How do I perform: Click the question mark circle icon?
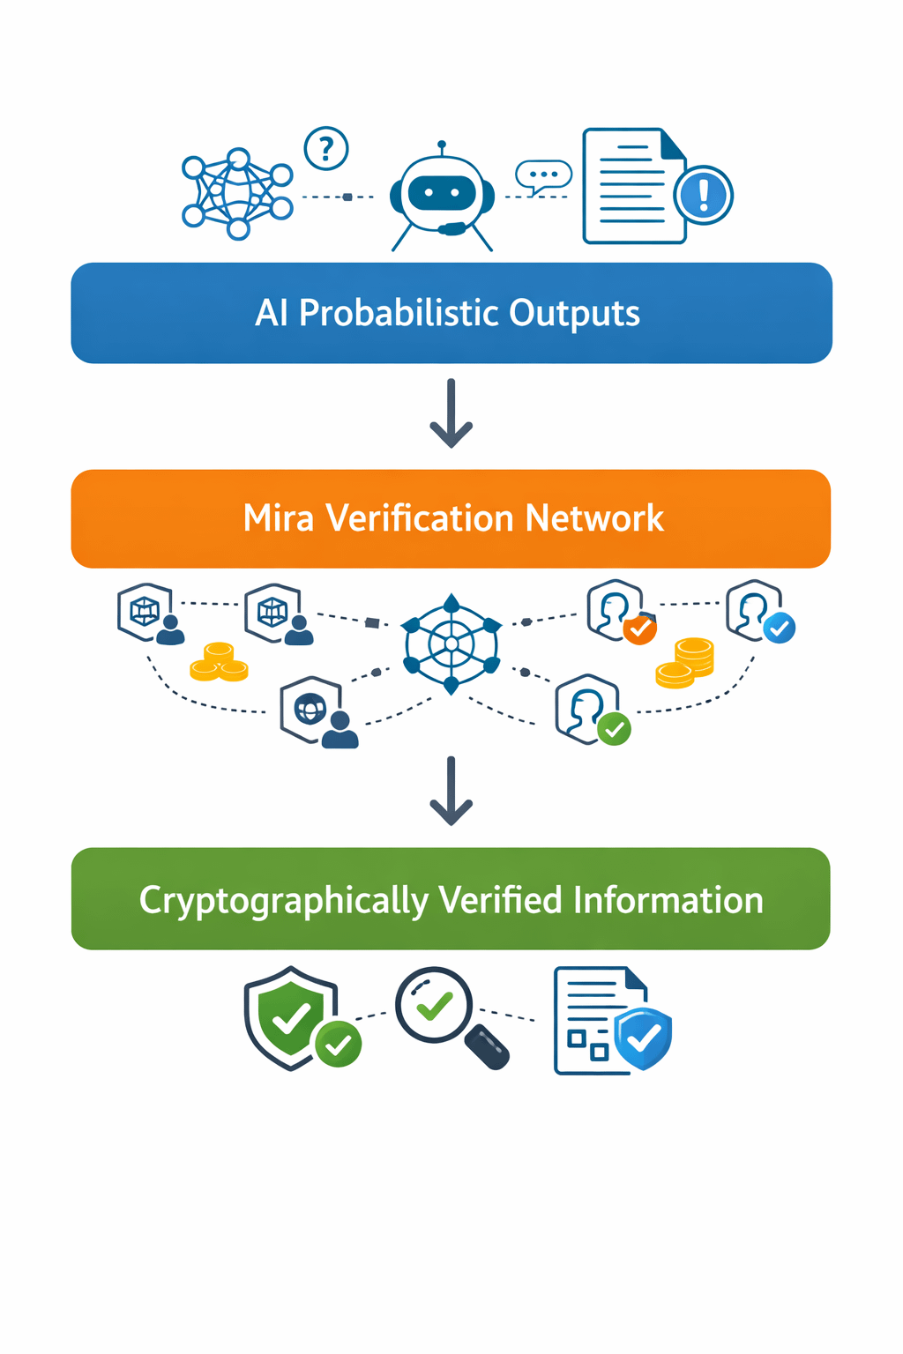click(x=326, y=149)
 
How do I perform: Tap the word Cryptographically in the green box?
click(x=283, y=901)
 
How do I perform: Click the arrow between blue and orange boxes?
click(x=451, y=413)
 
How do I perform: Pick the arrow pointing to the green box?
click(x=451, y=791)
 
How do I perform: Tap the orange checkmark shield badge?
click(x=639, y=629)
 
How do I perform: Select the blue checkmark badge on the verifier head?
click(x=780, y=628)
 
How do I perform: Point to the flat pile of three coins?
click(x=219, y=663)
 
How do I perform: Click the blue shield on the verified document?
click(x=644, y=1038)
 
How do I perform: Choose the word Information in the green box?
click(x=668, y=901)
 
